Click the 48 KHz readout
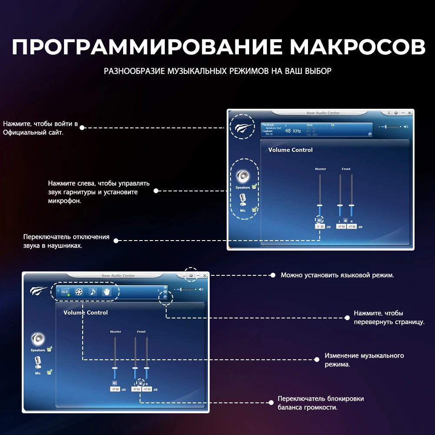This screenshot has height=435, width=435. pyautogui.click(x=293, y=131)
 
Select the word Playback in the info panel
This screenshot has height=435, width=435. pyautogui.click(x=268, y=125)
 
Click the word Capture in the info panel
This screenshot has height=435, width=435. pyautogui.click(x=268, y=131)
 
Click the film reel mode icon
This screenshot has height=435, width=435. pyautogui.click(x=79, y=292)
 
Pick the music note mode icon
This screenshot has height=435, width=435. pyautogui.click(x=93, y=292)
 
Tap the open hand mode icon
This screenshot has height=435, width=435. pyautogui.click(x=107, y=292)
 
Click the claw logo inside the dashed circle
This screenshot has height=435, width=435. pyautogui.click(x=242, y=127)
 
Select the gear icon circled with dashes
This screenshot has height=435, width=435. pyautogui.click(x=191, y=276)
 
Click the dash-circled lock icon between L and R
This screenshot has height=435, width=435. pyautogui.click(x=140, y=383)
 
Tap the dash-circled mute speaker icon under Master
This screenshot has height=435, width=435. pyautogui.click(x=320, y=221)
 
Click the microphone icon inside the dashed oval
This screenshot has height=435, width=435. pyautogui.click(x=243, y=200)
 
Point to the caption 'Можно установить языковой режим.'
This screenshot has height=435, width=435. pyautogui.click(x=337, y=275)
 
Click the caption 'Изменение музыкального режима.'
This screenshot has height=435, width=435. pyautogui.click(x=364, y=360)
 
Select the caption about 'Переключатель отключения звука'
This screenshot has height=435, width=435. pyautogui.click(x=66, y=241)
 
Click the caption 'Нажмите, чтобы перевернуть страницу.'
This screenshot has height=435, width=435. pyautogui.click(x=388, y=318)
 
